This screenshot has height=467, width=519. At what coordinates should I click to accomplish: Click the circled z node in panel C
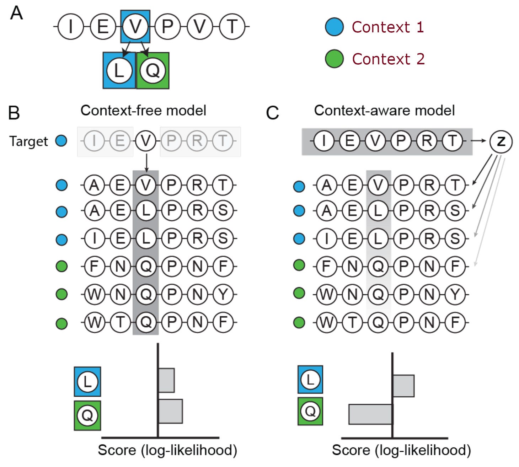click(x=501, y=141)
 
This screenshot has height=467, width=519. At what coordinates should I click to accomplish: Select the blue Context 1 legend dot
click(x=334, y=27)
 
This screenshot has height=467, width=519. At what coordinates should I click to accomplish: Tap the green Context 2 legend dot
click(x=334, y=59)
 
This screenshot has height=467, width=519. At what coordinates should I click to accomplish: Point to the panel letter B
click(x=14, y=113)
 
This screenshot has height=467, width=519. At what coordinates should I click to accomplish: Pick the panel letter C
click(x=272, y=113)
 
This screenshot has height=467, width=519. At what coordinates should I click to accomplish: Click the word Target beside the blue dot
click(x=28, y=141)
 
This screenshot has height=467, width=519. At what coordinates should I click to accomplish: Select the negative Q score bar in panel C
click(x=370, y=414)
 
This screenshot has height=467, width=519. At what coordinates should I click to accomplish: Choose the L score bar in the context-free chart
click(x=166, y=380)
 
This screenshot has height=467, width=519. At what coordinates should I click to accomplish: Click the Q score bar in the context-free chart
click(x=171, y=411)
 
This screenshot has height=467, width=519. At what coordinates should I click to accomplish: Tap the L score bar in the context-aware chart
click(x=403, y=386)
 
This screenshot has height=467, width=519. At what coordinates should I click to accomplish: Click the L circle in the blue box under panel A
click(x=119, y=70)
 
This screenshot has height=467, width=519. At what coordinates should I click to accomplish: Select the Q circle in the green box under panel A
click(x=153, y=70)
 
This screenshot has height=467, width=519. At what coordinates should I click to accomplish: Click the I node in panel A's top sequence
click(x=71, y=26)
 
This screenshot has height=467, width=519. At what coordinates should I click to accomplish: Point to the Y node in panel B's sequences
click(x=223, y=294)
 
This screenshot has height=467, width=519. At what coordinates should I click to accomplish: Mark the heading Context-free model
click(x=143, y=111)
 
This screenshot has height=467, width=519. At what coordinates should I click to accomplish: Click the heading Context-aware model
click(x=384, y=111)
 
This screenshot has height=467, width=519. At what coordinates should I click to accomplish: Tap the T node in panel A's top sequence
click(x=232, y=26)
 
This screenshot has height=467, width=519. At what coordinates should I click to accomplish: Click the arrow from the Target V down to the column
click(x=146, y=163)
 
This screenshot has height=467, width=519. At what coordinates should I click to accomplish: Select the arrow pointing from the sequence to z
click(x=478, y=141)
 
